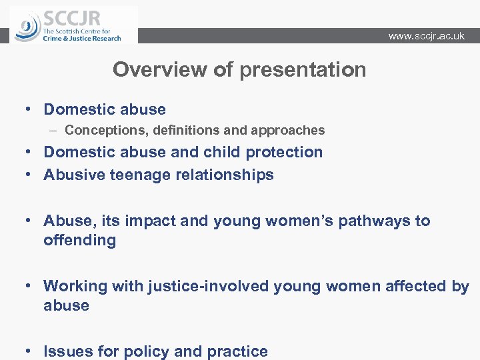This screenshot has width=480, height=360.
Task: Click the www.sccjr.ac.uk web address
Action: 426,36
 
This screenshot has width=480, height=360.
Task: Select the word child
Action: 221,152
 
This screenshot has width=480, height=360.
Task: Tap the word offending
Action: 79,240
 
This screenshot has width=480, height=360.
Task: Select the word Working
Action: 73,286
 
